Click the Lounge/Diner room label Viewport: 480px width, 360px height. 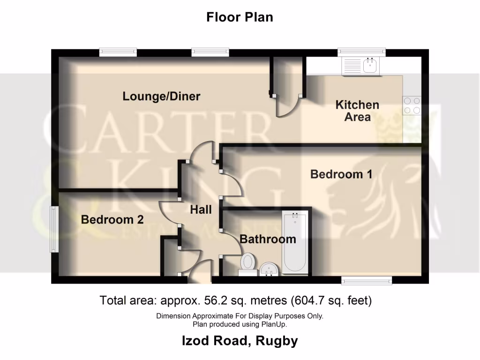click(x=161, y=97)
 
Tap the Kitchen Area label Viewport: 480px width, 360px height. click(x=357, y=111)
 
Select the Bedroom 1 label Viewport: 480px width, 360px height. click(x=341, y=174)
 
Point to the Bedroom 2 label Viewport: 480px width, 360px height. click(x=112, y=219)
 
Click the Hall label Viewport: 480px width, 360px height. click(x=201, y=210)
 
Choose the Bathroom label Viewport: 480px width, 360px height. click(x=268, y=239)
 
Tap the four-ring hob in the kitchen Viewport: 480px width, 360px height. click(x=412, y=105)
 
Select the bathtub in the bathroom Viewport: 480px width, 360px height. click(x=295, y=243)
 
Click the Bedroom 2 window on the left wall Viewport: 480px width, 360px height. click(x=54, y=229)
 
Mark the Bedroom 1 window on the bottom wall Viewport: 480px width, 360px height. click(x=366, y=280)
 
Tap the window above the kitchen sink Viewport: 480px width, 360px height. click(x=361, y=52)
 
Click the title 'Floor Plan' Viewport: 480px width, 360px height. click(x=240, y=17)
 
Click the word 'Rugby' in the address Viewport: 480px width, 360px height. click(x=277, y=341)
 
